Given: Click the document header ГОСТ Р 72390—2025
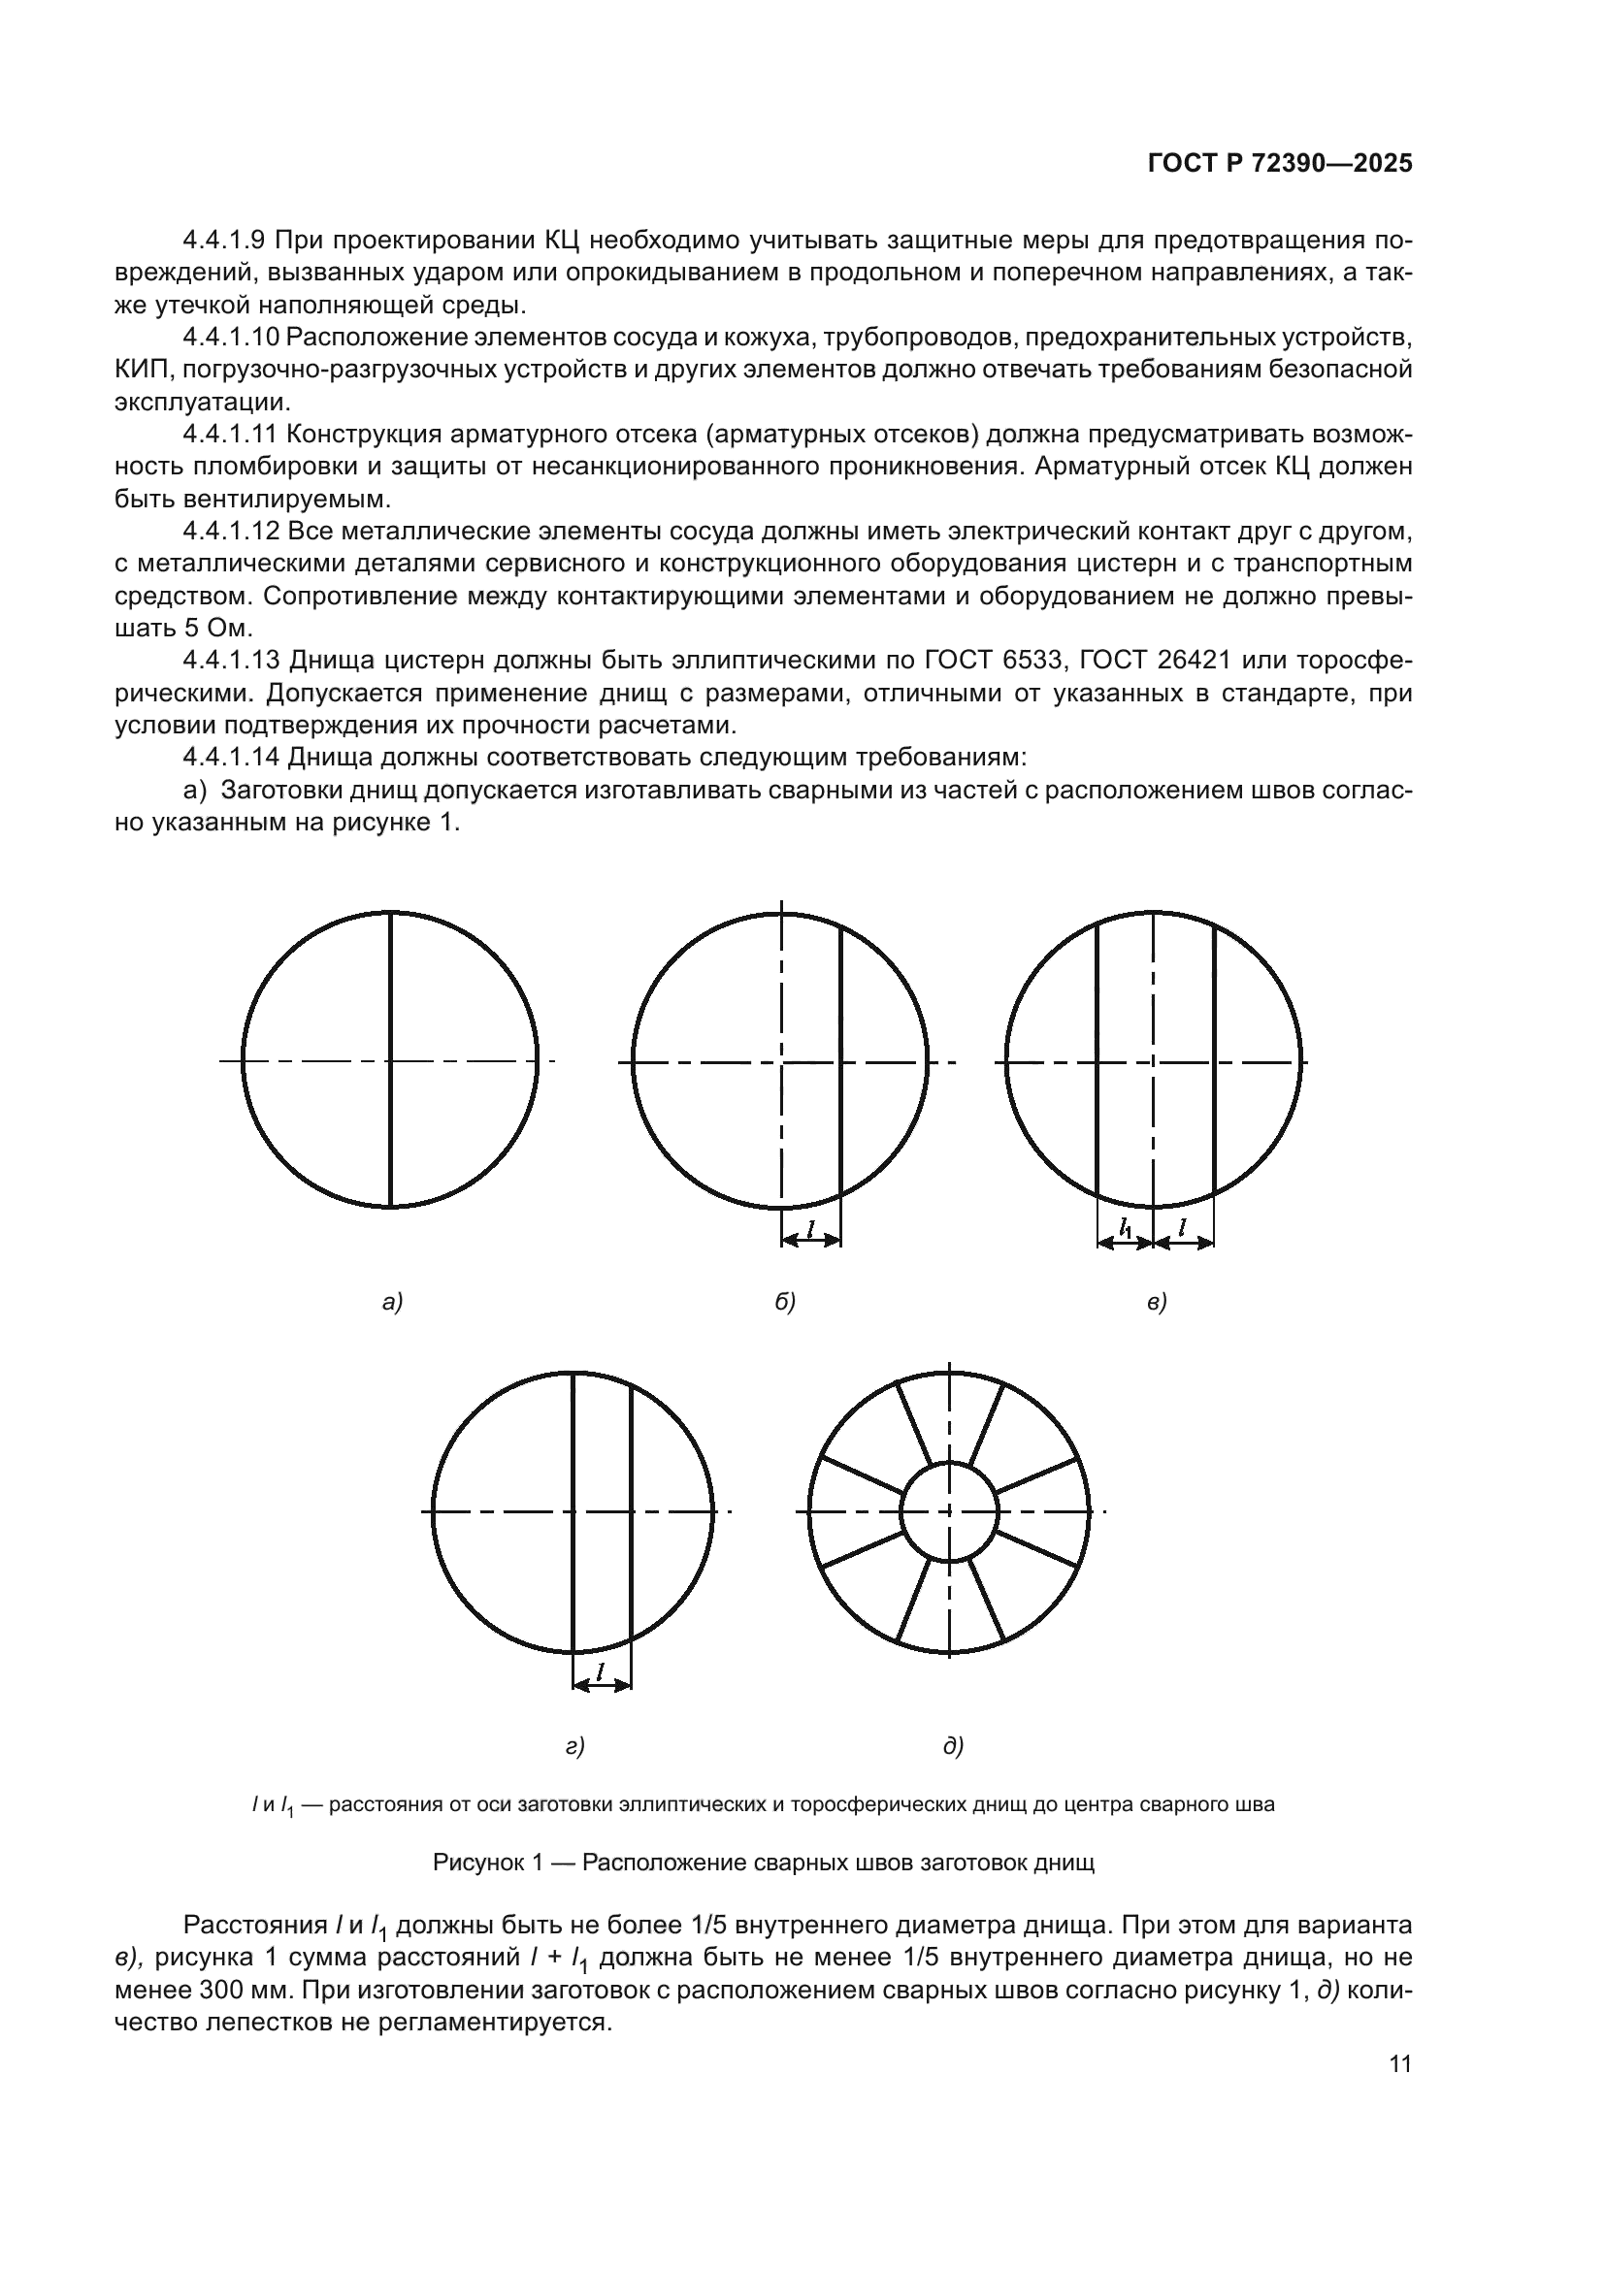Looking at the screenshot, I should (1280, 164).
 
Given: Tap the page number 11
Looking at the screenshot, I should (1400, 2064).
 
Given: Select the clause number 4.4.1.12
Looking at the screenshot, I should (233, 532).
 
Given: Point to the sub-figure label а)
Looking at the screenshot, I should (392, 1303).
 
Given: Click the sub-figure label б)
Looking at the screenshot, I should (785, 1303).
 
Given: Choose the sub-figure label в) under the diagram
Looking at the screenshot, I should (1157, 1303).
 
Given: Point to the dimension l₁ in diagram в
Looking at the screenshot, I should (1126, 1228).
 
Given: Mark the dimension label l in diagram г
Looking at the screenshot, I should (601, 1671).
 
